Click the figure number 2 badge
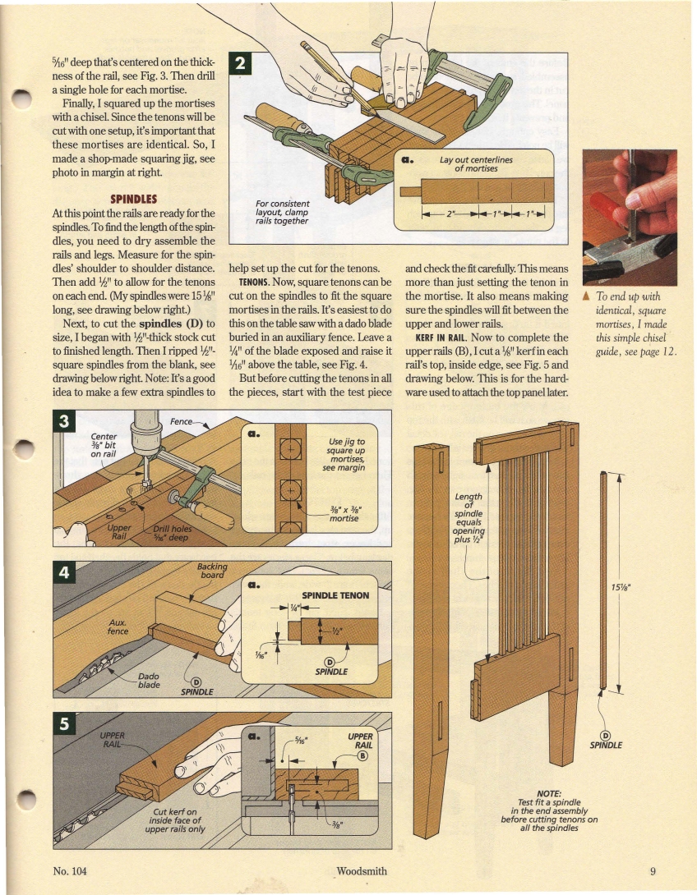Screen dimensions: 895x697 coord(241,62)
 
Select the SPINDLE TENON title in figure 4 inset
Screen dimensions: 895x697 coord(335,595)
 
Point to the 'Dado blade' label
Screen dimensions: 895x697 coord(149,682)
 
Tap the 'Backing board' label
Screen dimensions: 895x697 coord(211,571)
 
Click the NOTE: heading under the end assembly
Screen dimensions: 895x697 coord(549,793)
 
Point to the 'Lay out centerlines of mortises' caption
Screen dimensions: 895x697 coord(476,164)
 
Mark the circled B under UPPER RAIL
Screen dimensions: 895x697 coord(362,757)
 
